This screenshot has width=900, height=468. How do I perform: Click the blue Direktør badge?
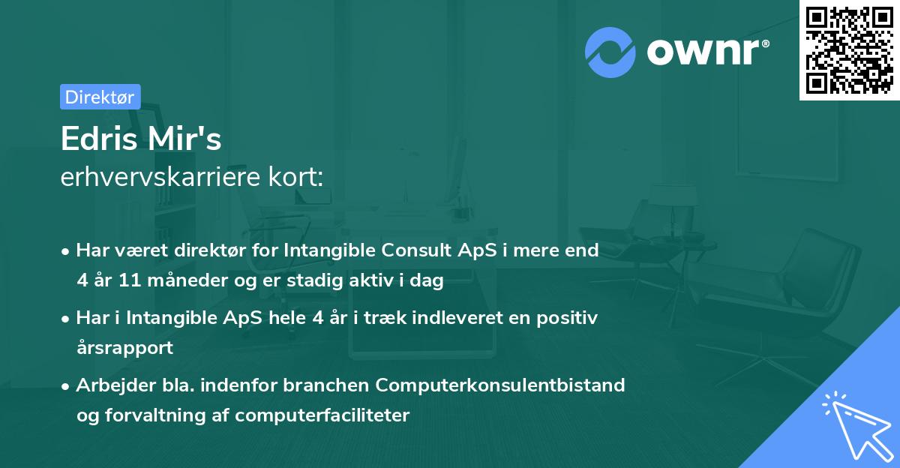pyautogui.click(x=100, y=97)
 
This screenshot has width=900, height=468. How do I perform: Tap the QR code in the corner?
pyautogui.click(x=849, y=50)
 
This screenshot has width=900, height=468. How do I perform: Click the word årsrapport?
pyautogui.click(x=124, y=348)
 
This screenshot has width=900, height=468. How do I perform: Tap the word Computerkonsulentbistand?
pyautogui.click(x=500, y=385)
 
